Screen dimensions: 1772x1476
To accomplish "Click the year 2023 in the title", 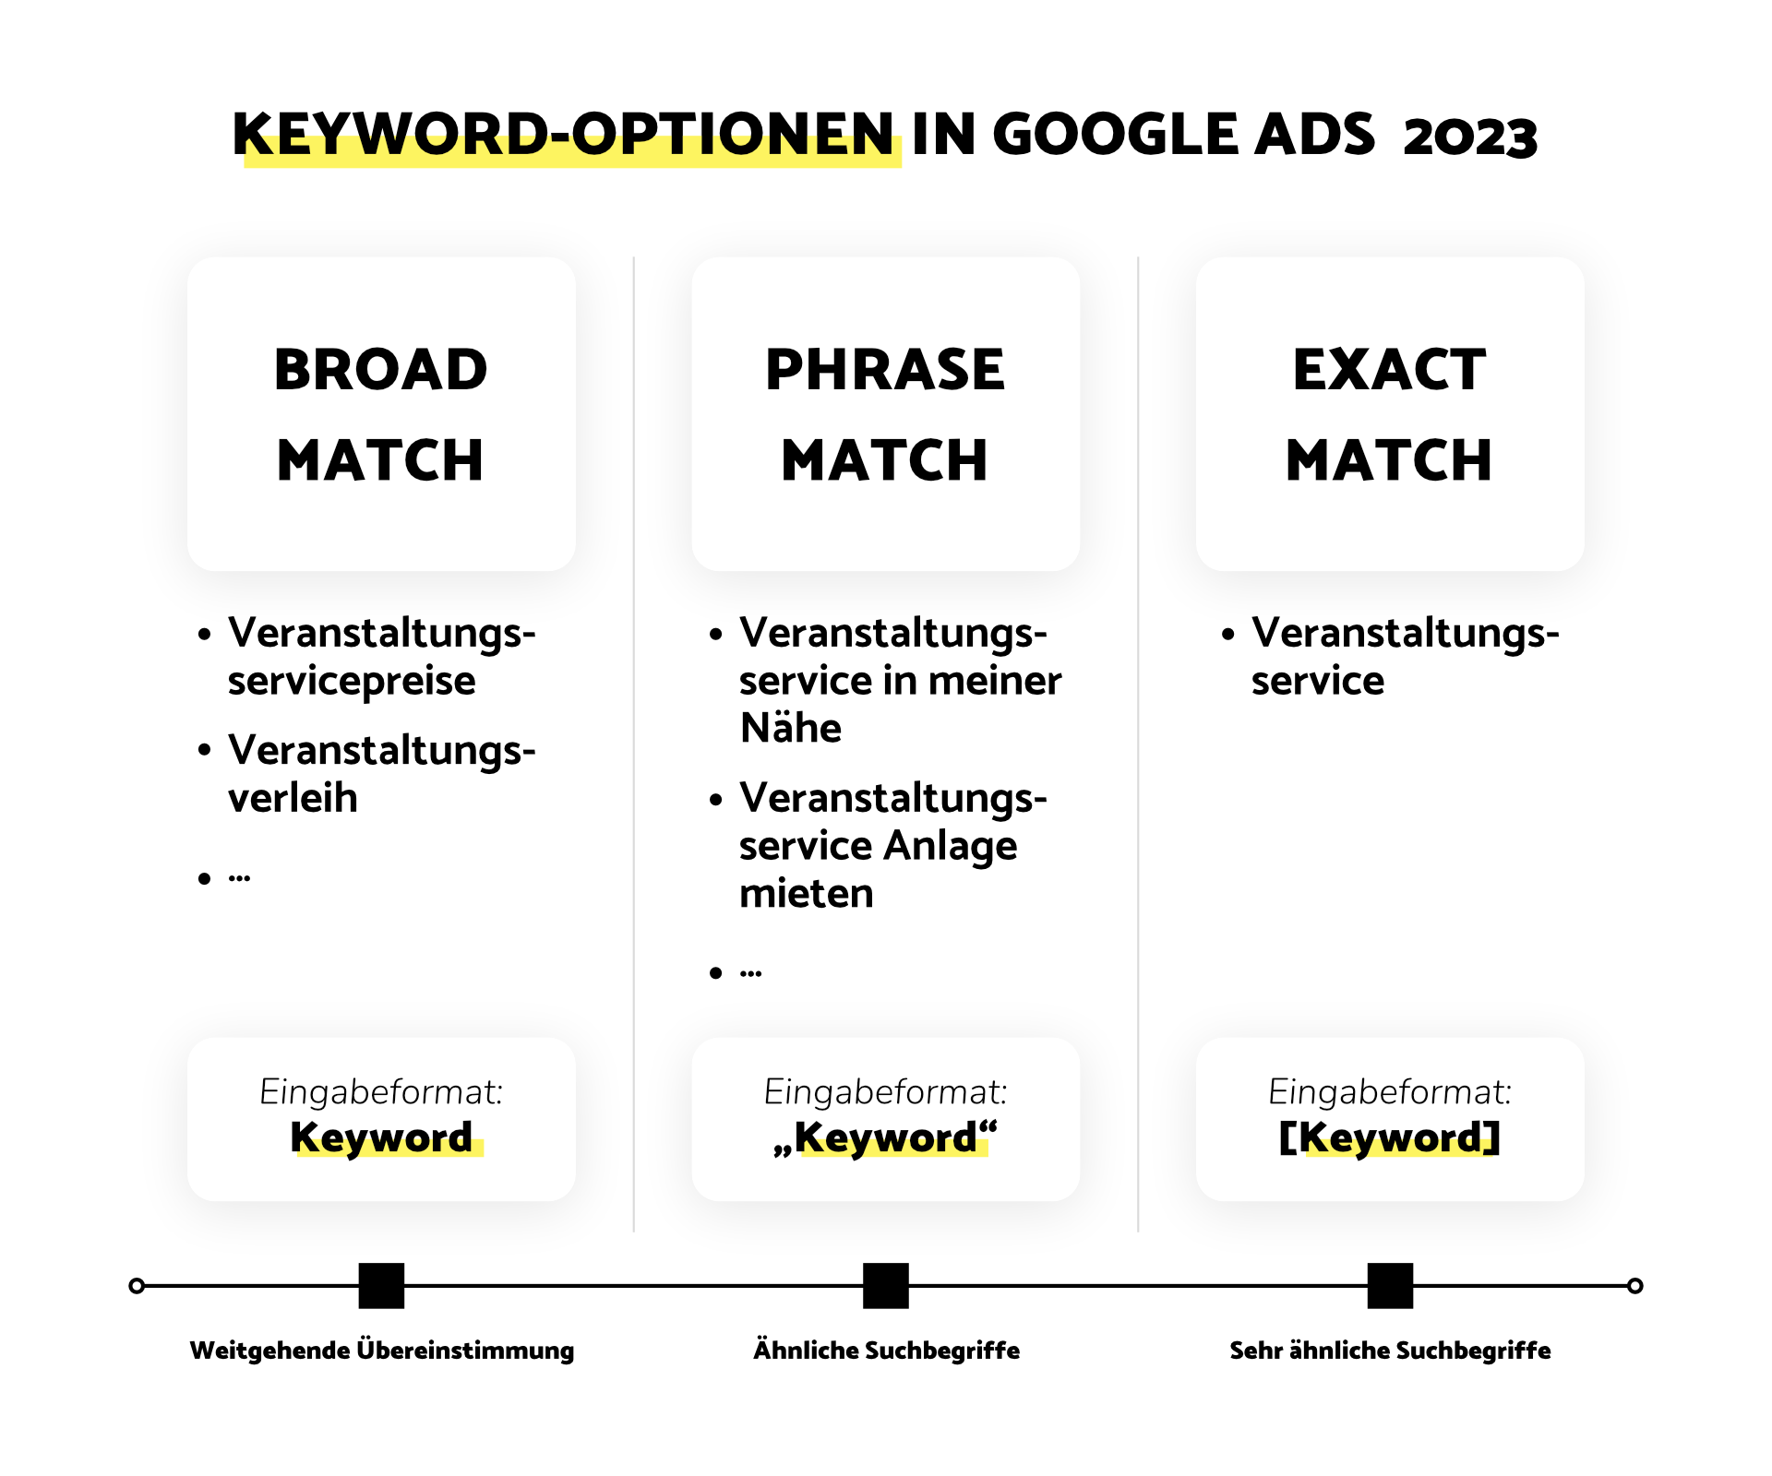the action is pyautogui.click(x=1470, y=137).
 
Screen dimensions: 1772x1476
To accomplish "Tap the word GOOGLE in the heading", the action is pyautogui.click(x=1115, y=135).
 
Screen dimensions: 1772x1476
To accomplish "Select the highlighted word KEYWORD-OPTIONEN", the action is pyautogui.click(x=563, y=135).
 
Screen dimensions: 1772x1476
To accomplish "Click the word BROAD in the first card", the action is pyautogui.click(x=381, y=370).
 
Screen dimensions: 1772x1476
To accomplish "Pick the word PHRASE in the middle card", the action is pyautogui.click(x=885, y=370).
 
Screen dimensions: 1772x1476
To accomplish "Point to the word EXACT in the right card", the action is pyautogui.click(x=1390, y=370).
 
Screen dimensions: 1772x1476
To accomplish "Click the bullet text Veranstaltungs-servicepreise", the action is pyautogui.click(x=381, y=657).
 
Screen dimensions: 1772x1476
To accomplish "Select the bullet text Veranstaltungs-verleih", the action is pyautogui.click(x=381, y=774).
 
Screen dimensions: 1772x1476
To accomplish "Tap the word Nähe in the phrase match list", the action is pyautogui.click(x=791, y=728).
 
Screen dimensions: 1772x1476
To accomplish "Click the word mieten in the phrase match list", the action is pyautogui.click(x=807, y=893).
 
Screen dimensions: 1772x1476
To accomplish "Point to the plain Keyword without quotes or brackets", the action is pyautogui.click(x=381, y=1137).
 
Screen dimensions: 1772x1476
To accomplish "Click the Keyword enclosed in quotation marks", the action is pyautogui.click(x=886, y=1137).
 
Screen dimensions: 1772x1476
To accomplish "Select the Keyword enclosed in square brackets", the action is pyautogui.click(x=1390, y=1137).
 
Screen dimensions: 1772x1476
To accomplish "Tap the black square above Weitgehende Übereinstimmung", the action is pyautogui.click(x=381, y=1286).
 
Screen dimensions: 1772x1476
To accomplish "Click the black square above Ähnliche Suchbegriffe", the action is pyautogui.click(x=886, y=1286).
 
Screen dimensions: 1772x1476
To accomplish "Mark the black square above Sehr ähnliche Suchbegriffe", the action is pyautogui.click(x=1390, y=1286).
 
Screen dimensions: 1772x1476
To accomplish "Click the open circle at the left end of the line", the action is pyautogui.click(x=137, y=1286).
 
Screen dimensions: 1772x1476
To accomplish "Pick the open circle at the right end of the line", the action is pyautogui.click(x=1634, y=1286).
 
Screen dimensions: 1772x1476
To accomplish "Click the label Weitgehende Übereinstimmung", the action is pyautogui.click(x=381, y=1351).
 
